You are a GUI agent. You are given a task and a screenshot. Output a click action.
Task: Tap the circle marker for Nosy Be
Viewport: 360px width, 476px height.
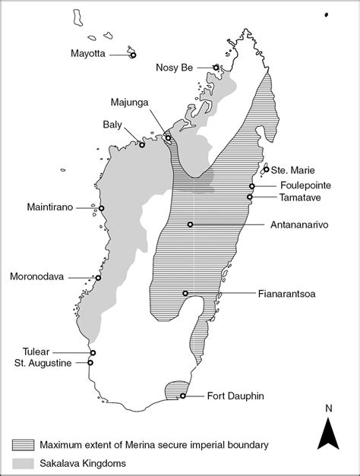(216, 68)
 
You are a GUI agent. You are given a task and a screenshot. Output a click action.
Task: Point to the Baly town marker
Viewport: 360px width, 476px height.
(142, 144)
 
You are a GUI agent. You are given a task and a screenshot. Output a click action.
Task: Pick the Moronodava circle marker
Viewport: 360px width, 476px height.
(98, 278)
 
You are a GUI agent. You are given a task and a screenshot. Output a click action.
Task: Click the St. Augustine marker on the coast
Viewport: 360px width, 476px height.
(90, 362)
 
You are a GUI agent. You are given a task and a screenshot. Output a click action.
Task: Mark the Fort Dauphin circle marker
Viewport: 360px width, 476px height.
(183, 396)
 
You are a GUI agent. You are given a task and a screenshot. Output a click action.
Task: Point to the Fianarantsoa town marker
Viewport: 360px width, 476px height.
(185, 293)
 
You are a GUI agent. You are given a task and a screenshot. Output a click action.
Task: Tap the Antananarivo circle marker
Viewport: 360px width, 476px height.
(190, 224)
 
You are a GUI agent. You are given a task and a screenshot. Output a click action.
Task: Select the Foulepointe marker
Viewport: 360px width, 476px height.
(251, 186)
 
